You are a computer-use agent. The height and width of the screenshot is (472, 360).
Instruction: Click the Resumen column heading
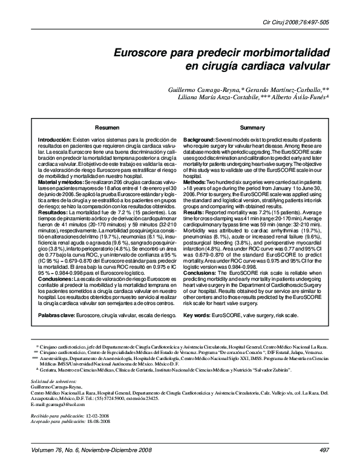106,128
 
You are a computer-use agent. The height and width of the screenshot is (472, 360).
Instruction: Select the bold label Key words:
196,315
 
